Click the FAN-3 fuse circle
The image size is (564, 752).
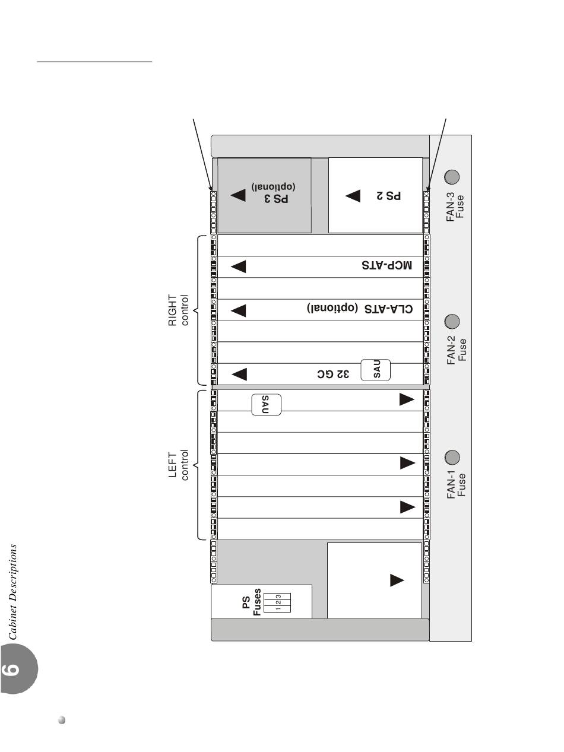coord(452,177)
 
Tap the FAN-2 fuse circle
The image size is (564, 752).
coord(452,321)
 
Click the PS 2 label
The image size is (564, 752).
coord(388,196)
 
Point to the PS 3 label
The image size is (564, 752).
coord(276,198)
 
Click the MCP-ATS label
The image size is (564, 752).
coord(387,265)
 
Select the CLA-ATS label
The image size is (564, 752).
coord(388,309)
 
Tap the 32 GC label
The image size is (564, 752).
coord(333,374)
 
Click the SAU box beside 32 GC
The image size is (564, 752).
coord(376,370)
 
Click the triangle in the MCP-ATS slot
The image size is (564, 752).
coord(239,266)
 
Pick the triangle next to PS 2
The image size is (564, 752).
coord(353,196)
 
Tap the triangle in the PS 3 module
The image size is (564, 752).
coord(238,195)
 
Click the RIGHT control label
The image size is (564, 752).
coord(178,310)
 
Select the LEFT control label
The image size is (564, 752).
coord(178,465)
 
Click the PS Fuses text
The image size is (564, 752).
coord(252,602)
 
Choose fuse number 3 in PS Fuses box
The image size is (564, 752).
coord(278,597)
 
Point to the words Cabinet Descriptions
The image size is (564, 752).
coord(12,592)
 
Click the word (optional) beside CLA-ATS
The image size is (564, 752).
coord(332,307)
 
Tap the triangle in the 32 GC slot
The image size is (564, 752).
coord(239,374)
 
